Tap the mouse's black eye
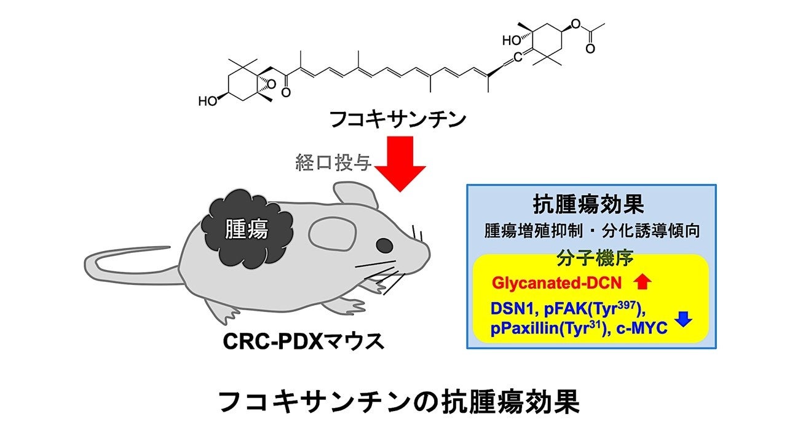point(384,245)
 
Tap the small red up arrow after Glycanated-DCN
point(642,282)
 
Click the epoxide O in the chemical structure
point(271,84)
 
